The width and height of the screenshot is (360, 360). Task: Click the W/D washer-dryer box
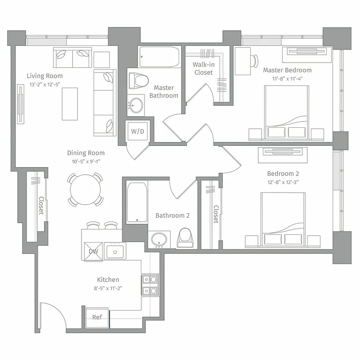click(x=137, y=131)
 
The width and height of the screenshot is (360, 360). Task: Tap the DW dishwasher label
click(x=93, y=251)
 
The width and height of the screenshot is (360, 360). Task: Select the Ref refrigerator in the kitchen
click(x=97, y=317)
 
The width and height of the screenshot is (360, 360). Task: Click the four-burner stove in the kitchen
click(x=150, y=285)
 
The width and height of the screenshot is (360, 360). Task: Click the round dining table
click(x=85, y=189)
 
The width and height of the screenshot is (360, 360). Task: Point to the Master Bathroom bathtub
click(x=159, y=57)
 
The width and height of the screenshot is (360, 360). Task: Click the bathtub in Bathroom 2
click(x=136, y=202)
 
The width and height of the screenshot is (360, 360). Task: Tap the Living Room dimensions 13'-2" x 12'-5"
click(x=45, y=85)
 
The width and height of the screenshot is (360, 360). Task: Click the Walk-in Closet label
click(x=203, y=68)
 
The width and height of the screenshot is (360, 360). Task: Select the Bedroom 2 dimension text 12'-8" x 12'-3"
click(x=283, y=182)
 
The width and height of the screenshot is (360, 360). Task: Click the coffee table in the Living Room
click(x=70, y=103)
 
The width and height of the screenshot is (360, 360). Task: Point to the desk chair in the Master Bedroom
click(x=255, y=60)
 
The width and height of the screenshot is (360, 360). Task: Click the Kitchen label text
click(x=108, y=279)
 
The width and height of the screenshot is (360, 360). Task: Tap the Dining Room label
click(x=86, y=153)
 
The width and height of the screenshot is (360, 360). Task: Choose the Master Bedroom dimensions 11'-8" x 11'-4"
click(x=287, y=79)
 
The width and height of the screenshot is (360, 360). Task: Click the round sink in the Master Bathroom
click(x=135, y=106)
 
